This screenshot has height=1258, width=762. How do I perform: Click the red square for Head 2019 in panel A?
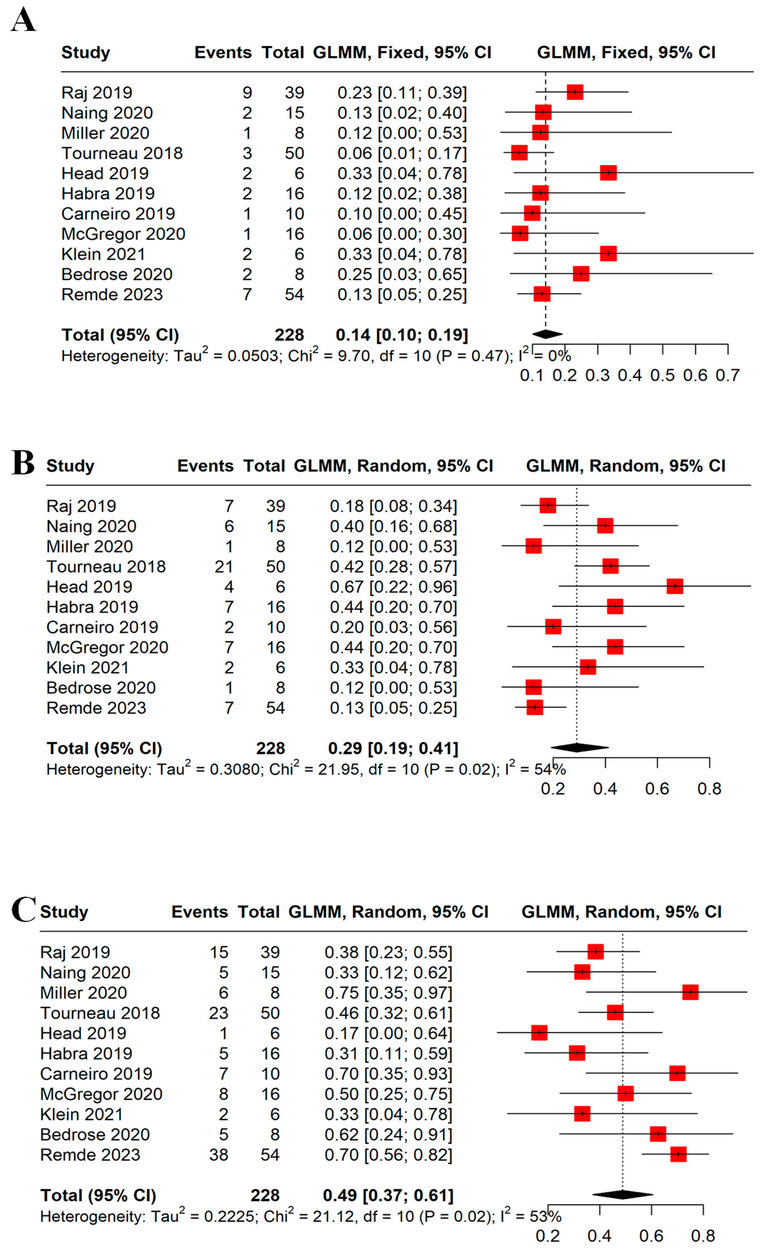coord(608,173)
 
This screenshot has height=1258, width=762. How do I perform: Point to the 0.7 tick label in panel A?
coord(727,375)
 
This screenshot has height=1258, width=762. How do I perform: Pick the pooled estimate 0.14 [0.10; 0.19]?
coord(401,335)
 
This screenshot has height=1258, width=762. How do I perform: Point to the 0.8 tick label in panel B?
coord(709,789)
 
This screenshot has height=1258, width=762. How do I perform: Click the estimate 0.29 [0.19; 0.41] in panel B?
coord(393,748)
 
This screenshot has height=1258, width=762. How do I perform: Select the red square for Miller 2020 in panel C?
coord(690,992)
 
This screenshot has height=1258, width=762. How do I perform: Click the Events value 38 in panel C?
coord(219,1154)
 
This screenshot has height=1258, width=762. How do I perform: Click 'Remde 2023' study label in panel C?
coord(90,1154)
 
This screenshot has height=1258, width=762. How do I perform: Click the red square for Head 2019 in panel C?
coord(539,1032)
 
